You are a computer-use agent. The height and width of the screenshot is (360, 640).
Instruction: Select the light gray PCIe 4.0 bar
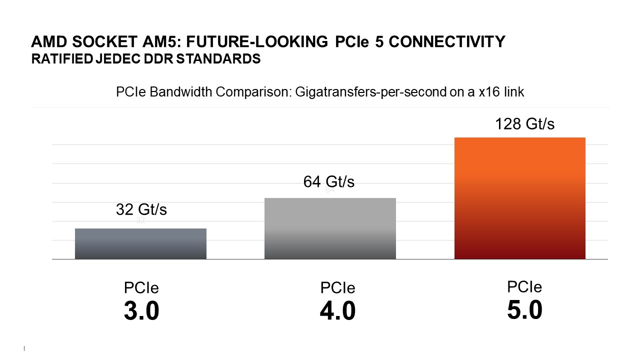click(x=330, y=228)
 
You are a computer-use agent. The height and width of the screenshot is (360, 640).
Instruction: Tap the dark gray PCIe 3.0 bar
click(x=140, y=244)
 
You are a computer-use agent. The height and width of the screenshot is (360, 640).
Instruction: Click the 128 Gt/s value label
click(x=524, y=123)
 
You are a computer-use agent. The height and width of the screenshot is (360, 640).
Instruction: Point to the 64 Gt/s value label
click(x=328, y=181)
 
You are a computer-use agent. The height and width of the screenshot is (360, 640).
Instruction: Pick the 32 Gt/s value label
click(x=141, y=209)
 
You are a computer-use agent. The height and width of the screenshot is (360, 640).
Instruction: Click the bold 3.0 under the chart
click(x=141, y=311)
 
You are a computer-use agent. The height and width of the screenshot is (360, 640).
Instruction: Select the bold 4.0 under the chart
click(x=337, y=311)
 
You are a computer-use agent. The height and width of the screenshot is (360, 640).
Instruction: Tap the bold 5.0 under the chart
click(x=524, y=310)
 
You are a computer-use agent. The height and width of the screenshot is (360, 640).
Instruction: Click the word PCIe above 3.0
click(x=141, y=288)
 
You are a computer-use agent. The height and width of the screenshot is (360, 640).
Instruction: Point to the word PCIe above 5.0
click(x=524, y=287)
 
